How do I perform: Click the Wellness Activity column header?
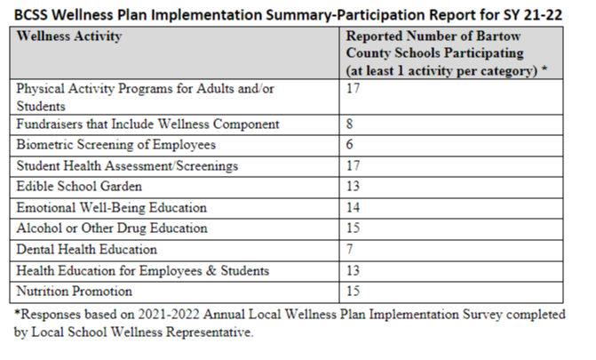[x=69, y=36]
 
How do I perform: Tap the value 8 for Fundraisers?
[x=350, y=124]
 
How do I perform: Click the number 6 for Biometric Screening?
[x=350, y=145]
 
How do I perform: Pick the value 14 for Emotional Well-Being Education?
[x=353, y=207]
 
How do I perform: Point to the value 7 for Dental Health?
[x=350, y=249]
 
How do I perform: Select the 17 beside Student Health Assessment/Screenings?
[x=353, y=165]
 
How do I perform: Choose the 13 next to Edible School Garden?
[x=353, y=186]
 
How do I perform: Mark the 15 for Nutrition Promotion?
[x=353, y=292]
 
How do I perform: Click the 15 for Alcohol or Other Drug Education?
[x=353, y=228]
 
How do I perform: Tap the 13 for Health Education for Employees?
[x=353, y=270]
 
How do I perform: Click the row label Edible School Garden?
[x=79, y=186]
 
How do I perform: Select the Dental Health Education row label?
[x=87, y=249]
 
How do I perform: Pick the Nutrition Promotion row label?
[x=74, y=292]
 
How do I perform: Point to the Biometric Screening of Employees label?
[x=116, y=145]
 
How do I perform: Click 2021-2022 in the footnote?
[x=169, y=315]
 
